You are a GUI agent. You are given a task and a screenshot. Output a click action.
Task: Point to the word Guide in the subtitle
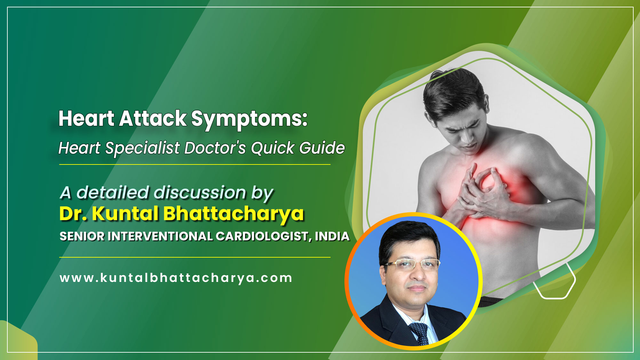tap(322, 148)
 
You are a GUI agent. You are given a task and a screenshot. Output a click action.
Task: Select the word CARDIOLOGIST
tap(263, 236)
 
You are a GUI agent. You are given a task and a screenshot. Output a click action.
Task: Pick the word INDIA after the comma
tap(332, 236)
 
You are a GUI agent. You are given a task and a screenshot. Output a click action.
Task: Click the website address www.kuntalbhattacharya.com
tap(176, 278)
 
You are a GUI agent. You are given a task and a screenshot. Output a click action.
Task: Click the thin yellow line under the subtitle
tap(195, 164)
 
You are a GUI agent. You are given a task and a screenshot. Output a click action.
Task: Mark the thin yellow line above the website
tap(195, 257)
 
